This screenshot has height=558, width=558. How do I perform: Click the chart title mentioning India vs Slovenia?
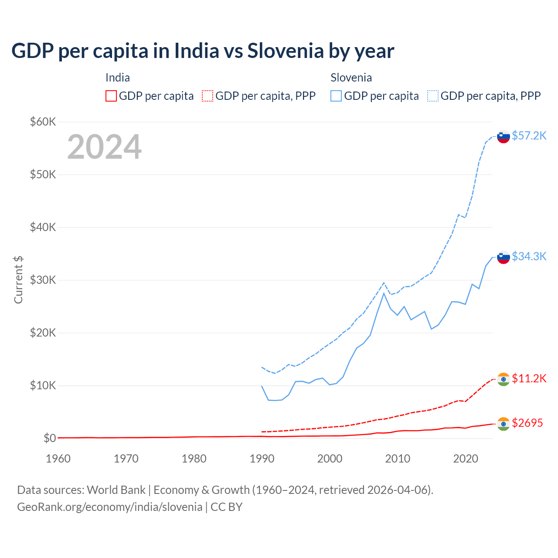click(203, 51)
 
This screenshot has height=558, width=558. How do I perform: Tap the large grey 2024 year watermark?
click(104, 147)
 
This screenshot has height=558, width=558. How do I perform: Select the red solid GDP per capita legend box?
click(111, 96)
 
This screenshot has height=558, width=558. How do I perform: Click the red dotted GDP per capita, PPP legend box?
click(208, 96)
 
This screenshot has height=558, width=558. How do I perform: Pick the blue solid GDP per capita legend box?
click(336, 96)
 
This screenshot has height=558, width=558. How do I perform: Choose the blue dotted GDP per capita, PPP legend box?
click(433, 96)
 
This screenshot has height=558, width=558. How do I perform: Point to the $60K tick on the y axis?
click(43, 122)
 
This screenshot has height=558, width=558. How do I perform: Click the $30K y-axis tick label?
click(43, 280)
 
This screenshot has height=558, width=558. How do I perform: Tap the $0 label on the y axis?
click(50, 438)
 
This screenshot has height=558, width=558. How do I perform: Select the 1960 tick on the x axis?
click(58, 459)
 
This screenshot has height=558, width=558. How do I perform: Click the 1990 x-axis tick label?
click(262, 459)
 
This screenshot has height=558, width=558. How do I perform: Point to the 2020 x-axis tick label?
click(466, 459)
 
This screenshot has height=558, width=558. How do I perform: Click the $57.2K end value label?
click(529, 136)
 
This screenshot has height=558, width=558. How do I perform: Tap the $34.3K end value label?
click(529, 256)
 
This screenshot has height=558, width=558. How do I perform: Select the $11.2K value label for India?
click(529, 378)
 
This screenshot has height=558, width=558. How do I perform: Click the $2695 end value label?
click(527, 423)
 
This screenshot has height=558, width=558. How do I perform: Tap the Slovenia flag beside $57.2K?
click(504, 136)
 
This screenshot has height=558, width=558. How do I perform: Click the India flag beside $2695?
click(504, 424)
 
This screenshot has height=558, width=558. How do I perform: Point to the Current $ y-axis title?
click(18, 280)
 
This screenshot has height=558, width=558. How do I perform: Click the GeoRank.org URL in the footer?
click(109, 507)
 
